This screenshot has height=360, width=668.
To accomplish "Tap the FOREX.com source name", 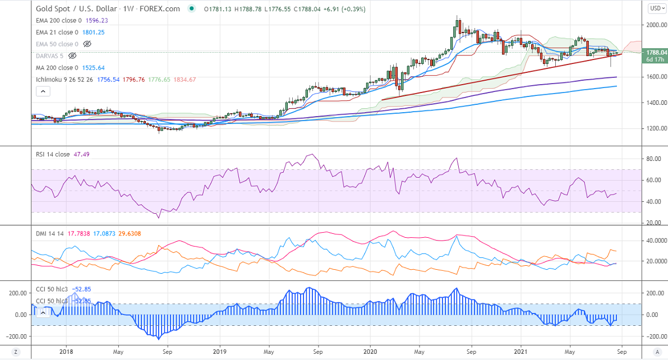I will point(160,9).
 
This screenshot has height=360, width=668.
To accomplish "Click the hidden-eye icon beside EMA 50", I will point(87,44).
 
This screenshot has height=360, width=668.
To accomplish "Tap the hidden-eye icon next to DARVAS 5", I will point(72,56).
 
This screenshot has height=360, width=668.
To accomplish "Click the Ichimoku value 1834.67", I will point(185,80).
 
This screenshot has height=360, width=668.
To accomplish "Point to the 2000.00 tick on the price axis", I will point(655,25).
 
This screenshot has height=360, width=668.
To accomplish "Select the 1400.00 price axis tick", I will point(655,103).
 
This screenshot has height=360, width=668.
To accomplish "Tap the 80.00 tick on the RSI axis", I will point(652,159).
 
